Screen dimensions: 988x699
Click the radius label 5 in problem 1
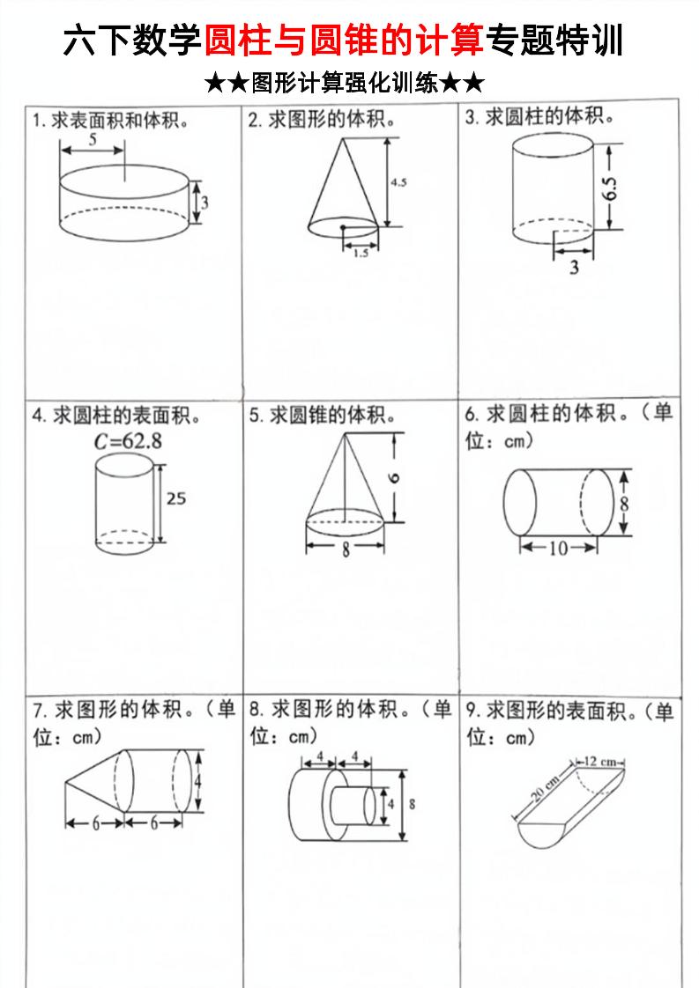93,139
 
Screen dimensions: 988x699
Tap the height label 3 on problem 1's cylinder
204,202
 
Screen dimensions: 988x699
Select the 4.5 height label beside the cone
398,182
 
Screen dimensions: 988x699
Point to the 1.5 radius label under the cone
361,253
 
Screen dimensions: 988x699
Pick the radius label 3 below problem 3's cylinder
574,268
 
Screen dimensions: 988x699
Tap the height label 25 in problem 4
176,498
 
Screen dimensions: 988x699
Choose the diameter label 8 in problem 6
624,504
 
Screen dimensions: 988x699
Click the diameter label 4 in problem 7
199,781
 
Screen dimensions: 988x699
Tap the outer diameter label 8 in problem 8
413,804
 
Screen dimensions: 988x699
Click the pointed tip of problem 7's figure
66,781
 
